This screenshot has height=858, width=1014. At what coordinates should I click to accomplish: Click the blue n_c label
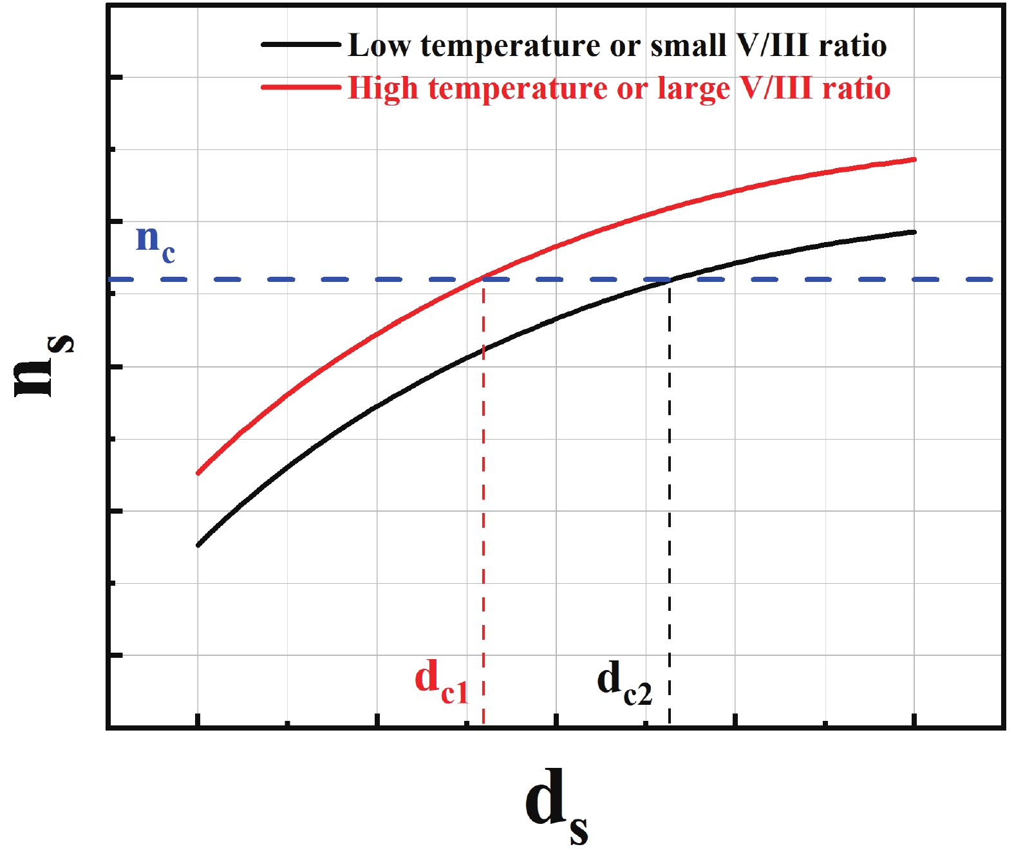(x=155, y=243)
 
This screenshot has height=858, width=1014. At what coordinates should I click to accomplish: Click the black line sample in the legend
(x=301, y=45)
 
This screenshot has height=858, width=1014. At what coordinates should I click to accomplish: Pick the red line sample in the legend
(x=301, y=88)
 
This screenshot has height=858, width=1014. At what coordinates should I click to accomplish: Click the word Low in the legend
(x=379, y=46)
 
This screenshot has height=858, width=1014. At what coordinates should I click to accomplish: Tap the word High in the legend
(x=382, y=88)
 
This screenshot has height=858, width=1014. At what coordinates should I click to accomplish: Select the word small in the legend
(x=679, y=46)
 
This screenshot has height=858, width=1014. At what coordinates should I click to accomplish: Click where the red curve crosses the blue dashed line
(x=484, y=279)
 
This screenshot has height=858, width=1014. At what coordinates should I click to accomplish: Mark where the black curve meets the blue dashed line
(x=670, y=279)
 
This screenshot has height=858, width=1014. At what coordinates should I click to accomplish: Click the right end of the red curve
(x=914, y=160)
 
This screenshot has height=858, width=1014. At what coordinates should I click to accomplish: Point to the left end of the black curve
(x=198, y=545)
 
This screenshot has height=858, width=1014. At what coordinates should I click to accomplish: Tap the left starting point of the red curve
(x=198, y=473)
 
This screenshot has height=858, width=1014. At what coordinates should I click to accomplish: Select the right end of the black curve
(x=914, y=232)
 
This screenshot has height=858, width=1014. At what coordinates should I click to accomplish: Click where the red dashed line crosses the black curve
(x=484, y=351)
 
